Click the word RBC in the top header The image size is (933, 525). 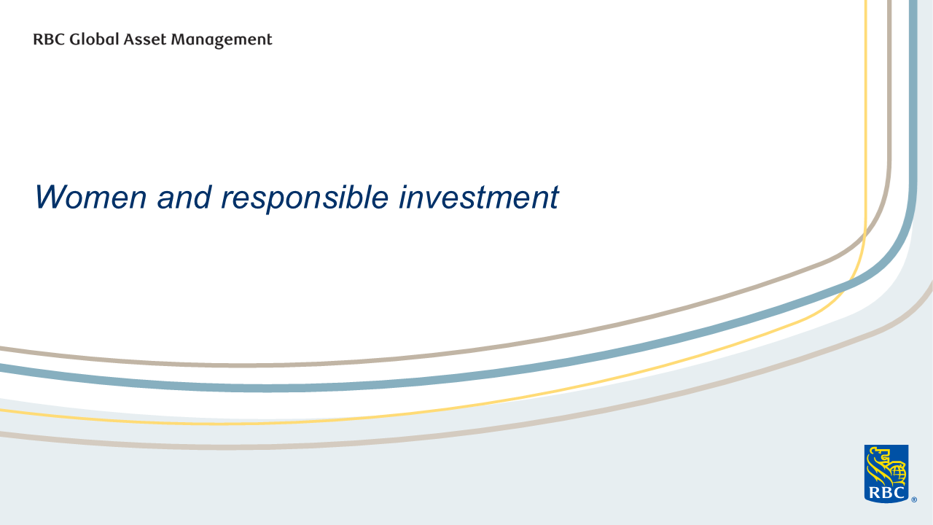(x=49, y=39)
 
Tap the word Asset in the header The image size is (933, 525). (x=145, y=39)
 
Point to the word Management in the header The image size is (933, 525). (x=221, y=40)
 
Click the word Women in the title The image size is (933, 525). (x=91, y=197)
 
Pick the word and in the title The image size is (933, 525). (x=184, y=197)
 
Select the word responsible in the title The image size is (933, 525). (x=305, y=199)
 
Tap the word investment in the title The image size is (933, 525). (x=479, y=197)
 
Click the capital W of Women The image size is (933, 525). (x=52, y=197)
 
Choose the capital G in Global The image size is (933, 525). (x=75, y=39)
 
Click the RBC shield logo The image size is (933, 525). (x=886, y=474)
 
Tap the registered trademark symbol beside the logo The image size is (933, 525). (x=914, y=499)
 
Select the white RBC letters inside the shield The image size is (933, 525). (x=886, y=494)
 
